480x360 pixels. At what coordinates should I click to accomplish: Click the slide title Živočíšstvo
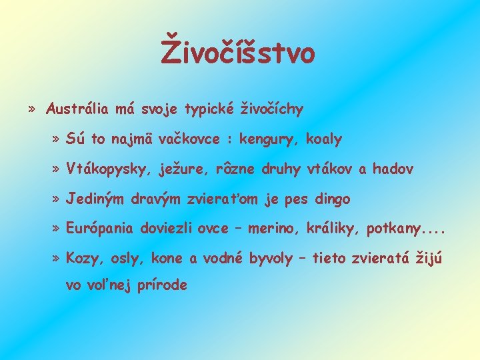point(238,53)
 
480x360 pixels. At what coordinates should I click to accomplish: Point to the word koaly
point(323,139)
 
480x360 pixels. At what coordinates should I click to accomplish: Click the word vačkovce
point(177,139)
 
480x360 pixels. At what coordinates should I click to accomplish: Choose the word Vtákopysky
point(106,169)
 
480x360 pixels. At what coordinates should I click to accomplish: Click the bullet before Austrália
point(33,109)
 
